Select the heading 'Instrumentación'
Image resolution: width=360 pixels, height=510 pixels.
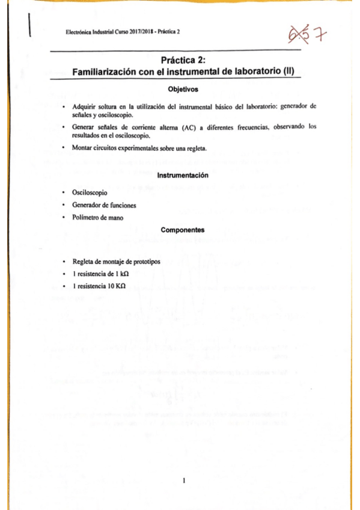point(182,175)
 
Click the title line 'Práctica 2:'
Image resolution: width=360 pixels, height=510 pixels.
point(183,60)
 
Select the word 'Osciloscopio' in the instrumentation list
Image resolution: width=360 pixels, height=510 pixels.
point(90,194)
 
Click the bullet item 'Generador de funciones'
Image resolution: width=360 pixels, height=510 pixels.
point(103,205)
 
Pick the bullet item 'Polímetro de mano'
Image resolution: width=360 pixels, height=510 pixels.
point(97,217)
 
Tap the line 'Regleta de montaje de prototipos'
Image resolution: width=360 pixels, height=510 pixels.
point(116,262)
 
